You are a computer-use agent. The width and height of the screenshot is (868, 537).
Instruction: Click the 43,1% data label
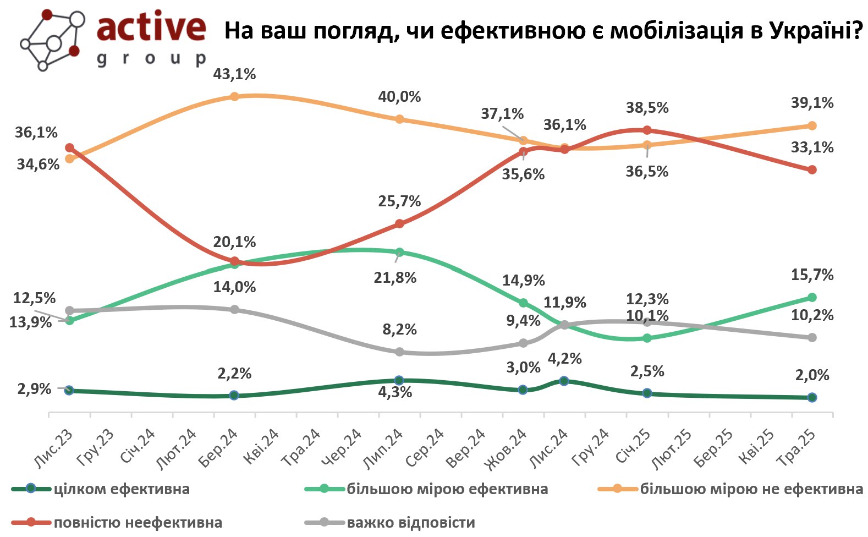235,74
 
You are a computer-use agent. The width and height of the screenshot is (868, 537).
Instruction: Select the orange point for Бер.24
234,96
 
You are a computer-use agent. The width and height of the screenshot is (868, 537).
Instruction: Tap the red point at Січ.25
647,130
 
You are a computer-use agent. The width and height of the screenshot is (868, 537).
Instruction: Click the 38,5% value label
647,107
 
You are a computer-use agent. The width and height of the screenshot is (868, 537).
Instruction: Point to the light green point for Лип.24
400,253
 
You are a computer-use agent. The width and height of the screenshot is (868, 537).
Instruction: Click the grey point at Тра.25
812,337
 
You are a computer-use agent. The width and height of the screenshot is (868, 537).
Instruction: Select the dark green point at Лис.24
564,381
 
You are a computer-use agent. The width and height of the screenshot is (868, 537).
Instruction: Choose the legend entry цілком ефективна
122,489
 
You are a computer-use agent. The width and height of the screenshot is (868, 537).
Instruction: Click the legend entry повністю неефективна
138,523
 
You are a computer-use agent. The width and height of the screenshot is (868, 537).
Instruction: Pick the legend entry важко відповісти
410,523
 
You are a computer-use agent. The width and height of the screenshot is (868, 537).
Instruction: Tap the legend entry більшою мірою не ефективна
751,489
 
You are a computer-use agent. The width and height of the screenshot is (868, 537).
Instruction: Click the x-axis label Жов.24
506,448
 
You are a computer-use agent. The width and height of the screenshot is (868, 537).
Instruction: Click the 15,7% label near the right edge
812,275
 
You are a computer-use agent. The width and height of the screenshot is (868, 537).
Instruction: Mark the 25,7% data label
399,201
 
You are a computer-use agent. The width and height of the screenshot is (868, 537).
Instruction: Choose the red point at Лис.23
69,147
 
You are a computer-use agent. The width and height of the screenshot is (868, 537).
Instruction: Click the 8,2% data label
400,330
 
